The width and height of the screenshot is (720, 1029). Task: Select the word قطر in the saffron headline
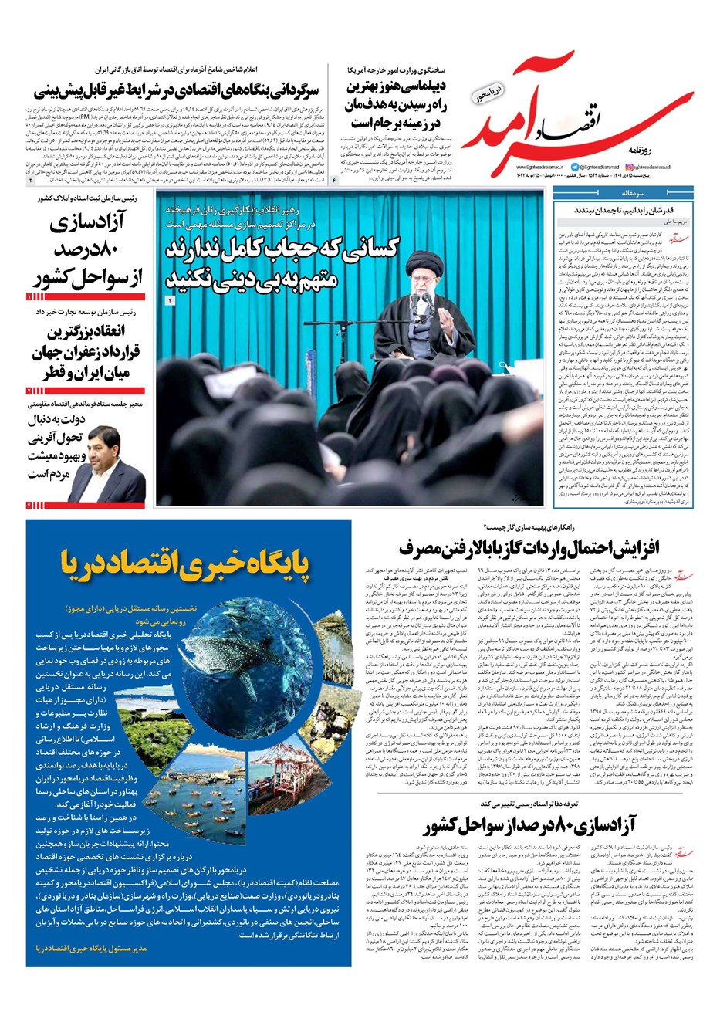click(47, 374)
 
